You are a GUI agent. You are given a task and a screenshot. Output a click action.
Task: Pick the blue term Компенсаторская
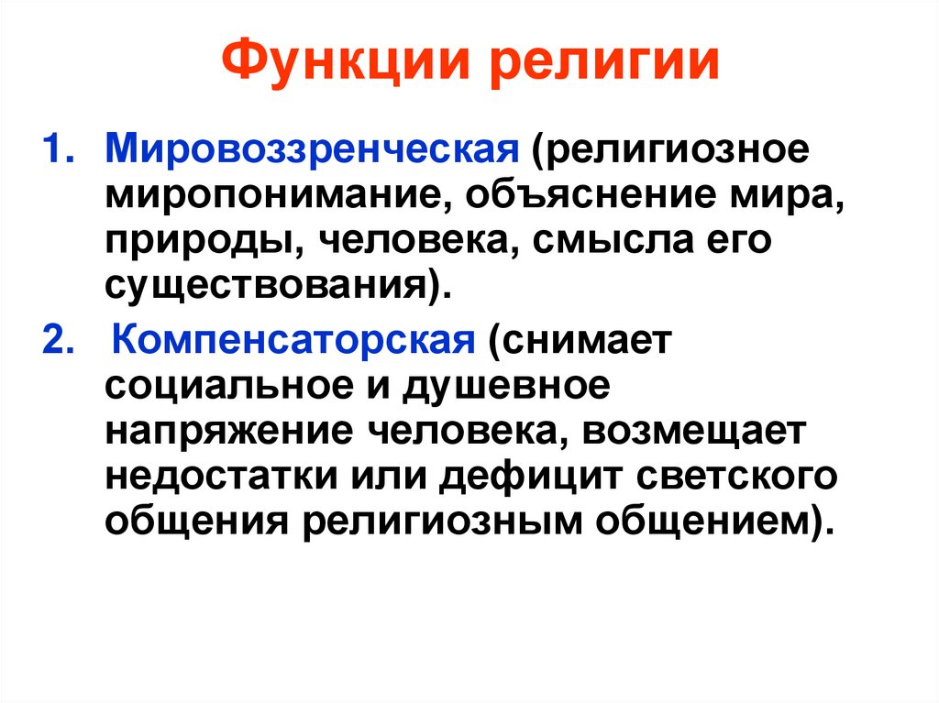(x=293, y=341)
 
